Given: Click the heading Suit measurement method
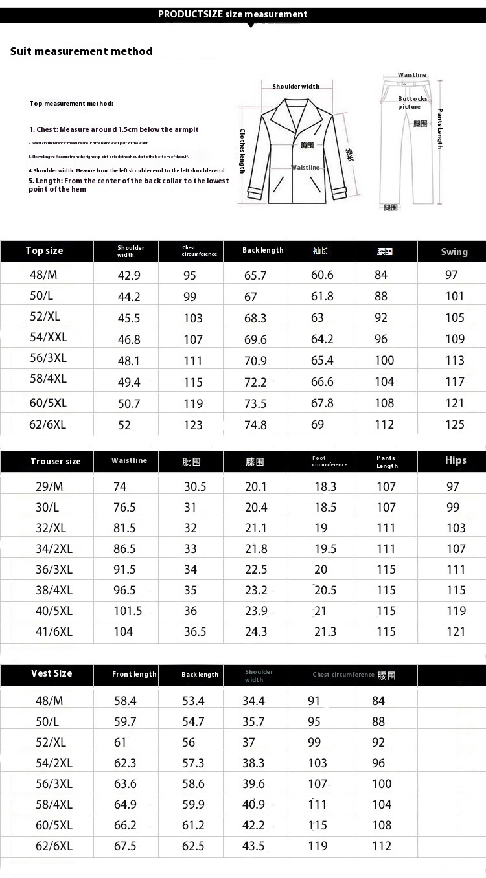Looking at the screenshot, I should point(82,51).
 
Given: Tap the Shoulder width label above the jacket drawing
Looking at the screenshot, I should point(295,86).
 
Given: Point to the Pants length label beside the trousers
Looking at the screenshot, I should point(440,128).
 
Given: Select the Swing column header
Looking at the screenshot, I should point(454,251).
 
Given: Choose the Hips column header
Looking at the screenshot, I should point(456,460).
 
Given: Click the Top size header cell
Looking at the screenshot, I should point(45,251).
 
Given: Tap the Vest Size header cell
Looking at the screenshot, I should point(51,673).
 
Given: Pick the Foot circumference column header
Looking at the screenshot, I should point(329,461).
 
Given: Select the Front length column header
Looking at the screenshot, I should point(134,674).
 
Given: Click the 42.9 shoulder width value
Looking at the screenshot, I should point(129,275).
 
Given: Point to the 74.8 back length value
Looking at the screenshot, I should point(255,425).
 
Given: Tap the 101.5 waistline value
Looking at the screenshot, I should point(128,611).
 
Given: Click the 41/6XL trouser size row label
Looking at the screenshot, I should point(54,632).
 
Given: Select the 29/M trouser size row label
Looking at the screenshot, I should point(49,487).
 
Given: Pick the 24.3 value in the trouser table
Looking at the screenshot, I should point(256,632).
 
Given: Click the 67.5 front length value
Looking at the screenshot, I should point(125,846).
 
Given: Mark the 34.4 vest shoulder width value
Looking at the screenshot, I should point(253,701).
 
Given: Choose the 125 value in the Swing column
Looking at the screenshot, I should point(455,425).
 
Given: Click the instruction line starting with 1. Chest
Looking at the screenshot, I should point(114,129).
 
